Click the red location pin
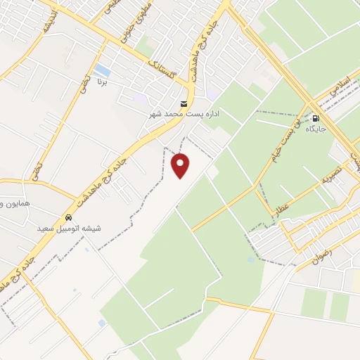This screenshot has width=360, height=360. (181, 165)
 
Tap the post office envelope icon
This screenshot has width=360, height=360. (184, 102)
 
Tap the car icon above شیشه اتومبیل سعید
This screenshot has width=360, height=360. (68, 217)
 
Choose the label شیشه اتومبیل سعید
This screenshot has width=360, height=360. (68, 229)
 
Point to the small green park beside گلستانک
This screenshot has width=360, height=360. (145, 48)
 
